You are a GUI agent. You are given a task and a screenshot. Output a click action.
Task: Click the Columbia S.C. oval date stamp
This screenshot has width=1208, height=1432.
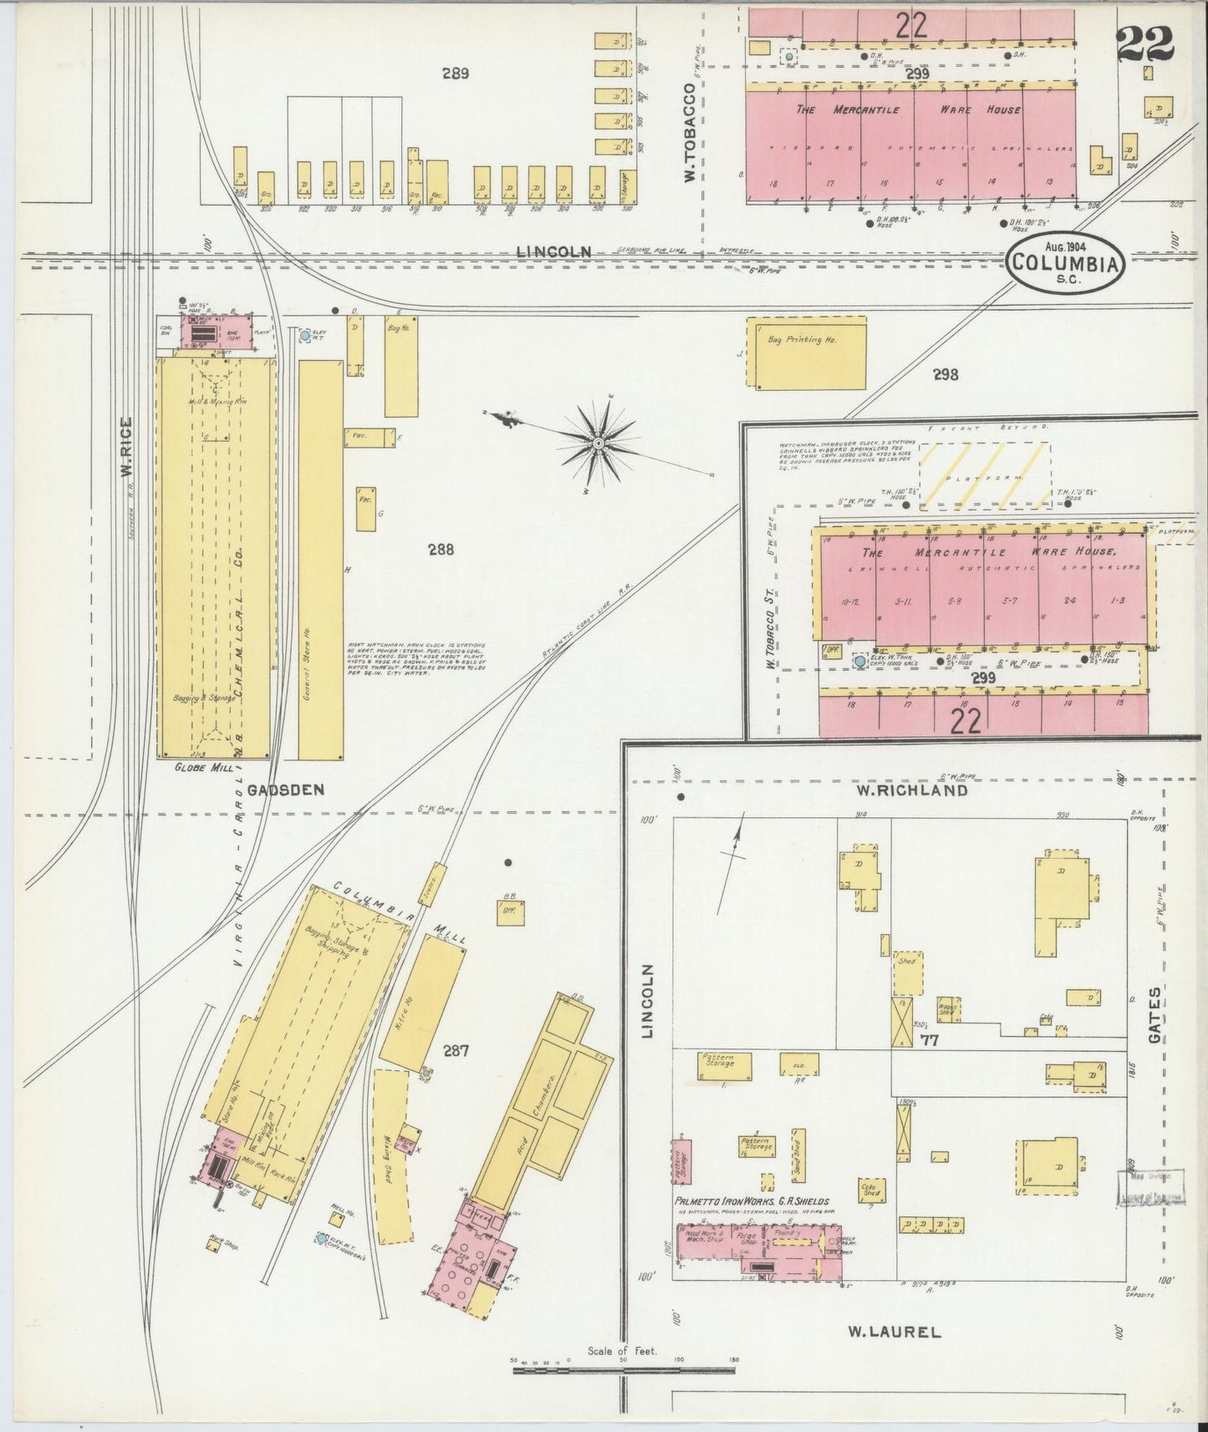[x=1064, y=262]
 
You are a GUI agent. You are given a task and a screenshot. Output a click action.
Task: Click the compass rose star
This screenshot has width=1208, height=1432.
[x=600, y=442]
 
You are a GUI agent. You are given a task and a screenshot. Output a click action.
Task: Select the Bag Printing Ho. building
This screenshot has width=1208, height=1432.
[x=805, y=352]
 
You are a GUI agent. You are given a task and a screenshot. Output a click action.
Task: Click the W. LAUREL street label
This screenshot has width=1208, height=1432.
[x=895, y=1332]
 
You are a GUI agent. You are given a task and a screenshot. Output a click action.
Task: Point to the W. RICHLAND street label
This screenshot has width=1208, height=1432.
[x=911, y=790]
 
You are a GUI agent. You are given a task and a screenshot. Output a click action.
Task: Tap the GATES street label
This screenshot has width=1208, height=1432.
[x=1154, y=1015]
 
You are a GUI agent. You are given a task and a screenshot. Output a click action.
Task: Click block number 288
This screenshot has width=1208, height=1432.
[x=441, y=549]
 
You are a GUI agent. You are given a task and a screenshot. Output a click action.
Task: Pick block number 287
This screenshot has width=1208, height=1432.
[x=455, y=1051]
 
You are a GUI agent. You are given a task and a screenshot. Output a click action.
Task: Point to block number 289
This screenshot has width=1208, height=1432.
[x=455, y=74]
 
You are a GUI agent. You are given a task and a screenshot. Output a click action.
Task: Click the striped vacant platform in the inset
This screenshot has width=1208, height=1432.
[x=984, y=475]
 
